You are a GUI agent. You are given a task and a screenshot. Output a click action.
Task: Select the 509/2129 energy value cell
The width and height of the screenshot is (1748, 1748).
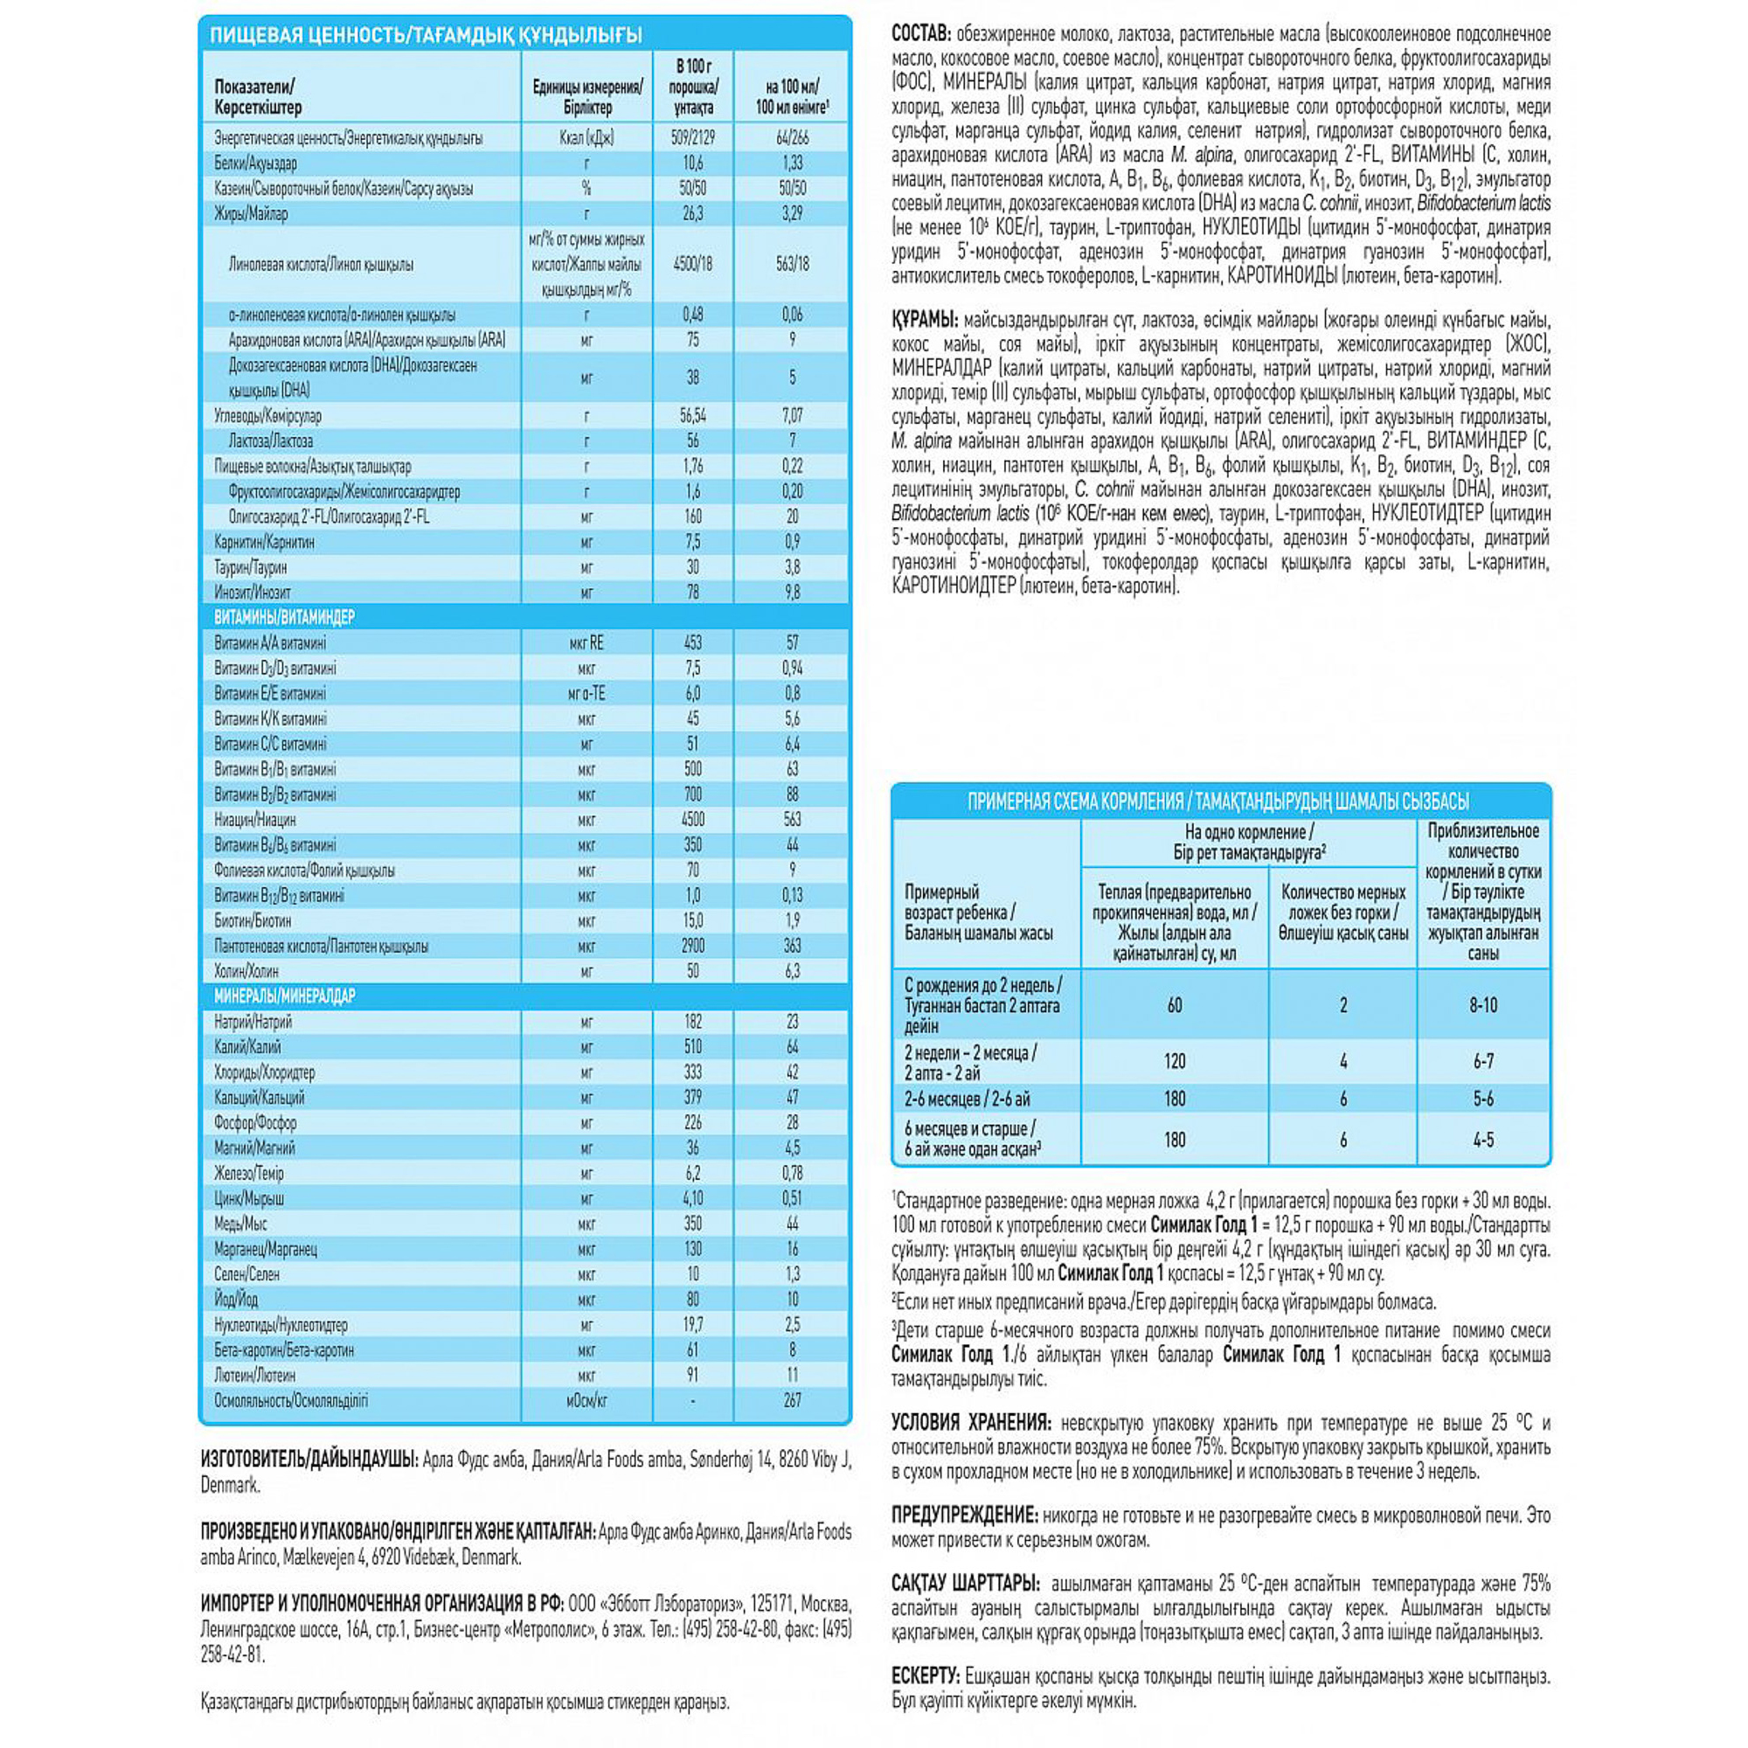pos(693,138)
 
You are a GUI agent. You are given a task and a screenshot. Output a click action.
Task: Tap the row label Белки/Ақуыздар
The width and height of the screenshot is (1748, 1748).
pos(255,163)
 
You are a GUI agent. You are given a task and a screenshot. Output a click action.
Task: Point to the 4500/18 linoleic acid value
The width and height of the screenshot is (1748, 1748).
pos(693,264)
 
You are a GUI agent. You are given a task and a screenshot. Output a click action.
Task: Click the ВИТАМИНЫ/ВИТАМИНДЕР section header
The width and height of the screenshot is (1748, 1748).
pos(284,617)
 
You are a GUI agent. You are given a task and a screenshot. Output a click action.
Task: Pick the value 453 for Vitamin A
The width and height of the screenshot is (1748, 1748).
pos(693,643)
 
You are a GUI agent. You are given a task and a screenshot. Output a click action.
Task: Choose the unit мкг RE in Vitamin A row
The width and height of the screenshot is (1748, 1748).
pos(586,643)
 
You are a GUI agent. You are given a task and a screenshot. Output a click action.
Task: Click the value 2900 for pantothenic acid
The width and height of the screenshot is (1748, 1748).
pos(693,947)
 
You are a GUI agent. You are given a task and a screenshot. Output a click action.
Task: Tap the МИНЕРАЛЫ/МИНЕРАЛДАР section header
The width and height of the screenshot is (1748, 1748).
pos(284,996)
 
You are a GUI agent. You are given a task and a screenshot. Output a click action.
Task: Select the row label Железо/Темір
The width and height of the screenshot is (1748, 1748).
pos(249,1174)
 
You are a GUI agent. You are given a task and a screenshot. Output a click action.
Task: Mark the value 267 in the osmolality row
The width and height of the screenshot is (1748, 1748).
pos(793,1400)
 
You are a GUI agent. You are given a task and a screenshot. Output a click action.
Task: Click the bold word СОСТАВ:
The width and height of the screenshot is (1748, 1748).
pos(921,34)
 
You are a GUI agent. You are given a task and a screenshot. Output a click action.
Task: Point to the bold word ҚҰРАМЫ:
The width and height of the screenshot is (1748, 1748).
pos(924,320)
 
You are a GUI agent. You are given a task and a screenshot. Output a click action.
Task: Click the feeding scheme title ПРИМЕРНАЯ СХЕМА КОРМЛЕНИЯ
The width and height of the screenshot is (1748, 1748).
pos(1075,801)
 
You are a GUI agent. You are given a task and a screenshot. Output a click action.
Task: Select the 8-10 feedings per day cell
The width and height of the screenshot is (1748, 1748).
pos(1483,1005)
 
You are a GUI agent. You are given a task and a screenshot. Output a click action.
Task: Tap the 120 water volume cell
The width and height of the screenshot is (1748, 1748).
pos(1175,1061)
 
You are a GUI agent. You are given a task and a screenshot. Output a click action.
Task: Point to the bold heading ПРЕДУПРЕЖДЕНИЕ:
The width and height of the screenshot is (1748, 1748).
pos(963,1516)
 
